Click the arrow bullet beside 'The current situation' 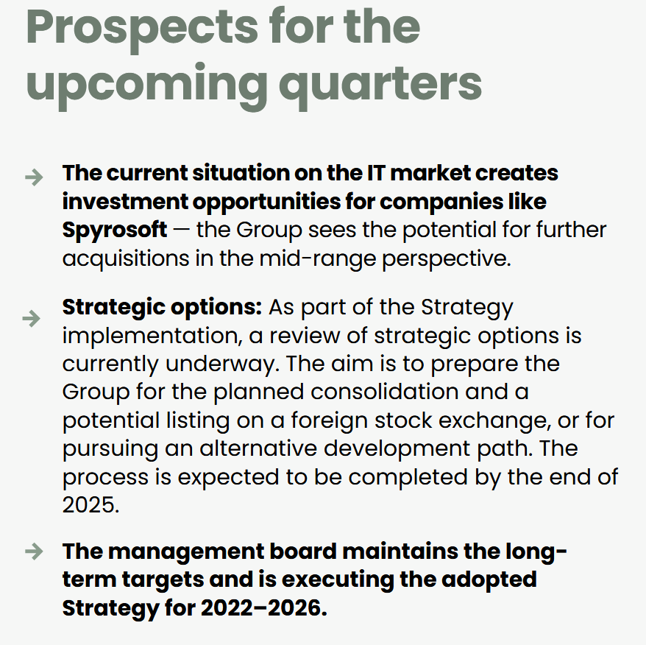point(34,177)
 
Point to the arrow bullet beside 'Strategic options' point(32,318)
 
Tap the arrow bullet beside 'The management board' point(34,551)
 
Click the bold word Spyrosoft point(115,230)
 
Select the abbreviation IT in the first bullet point(375,173)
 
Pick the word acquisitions point(126,259)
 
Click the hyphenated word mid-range point(318,259)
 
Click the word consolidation point(384,392)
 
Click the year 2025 point(90,505)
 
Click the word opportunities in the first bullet point(266,202)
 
